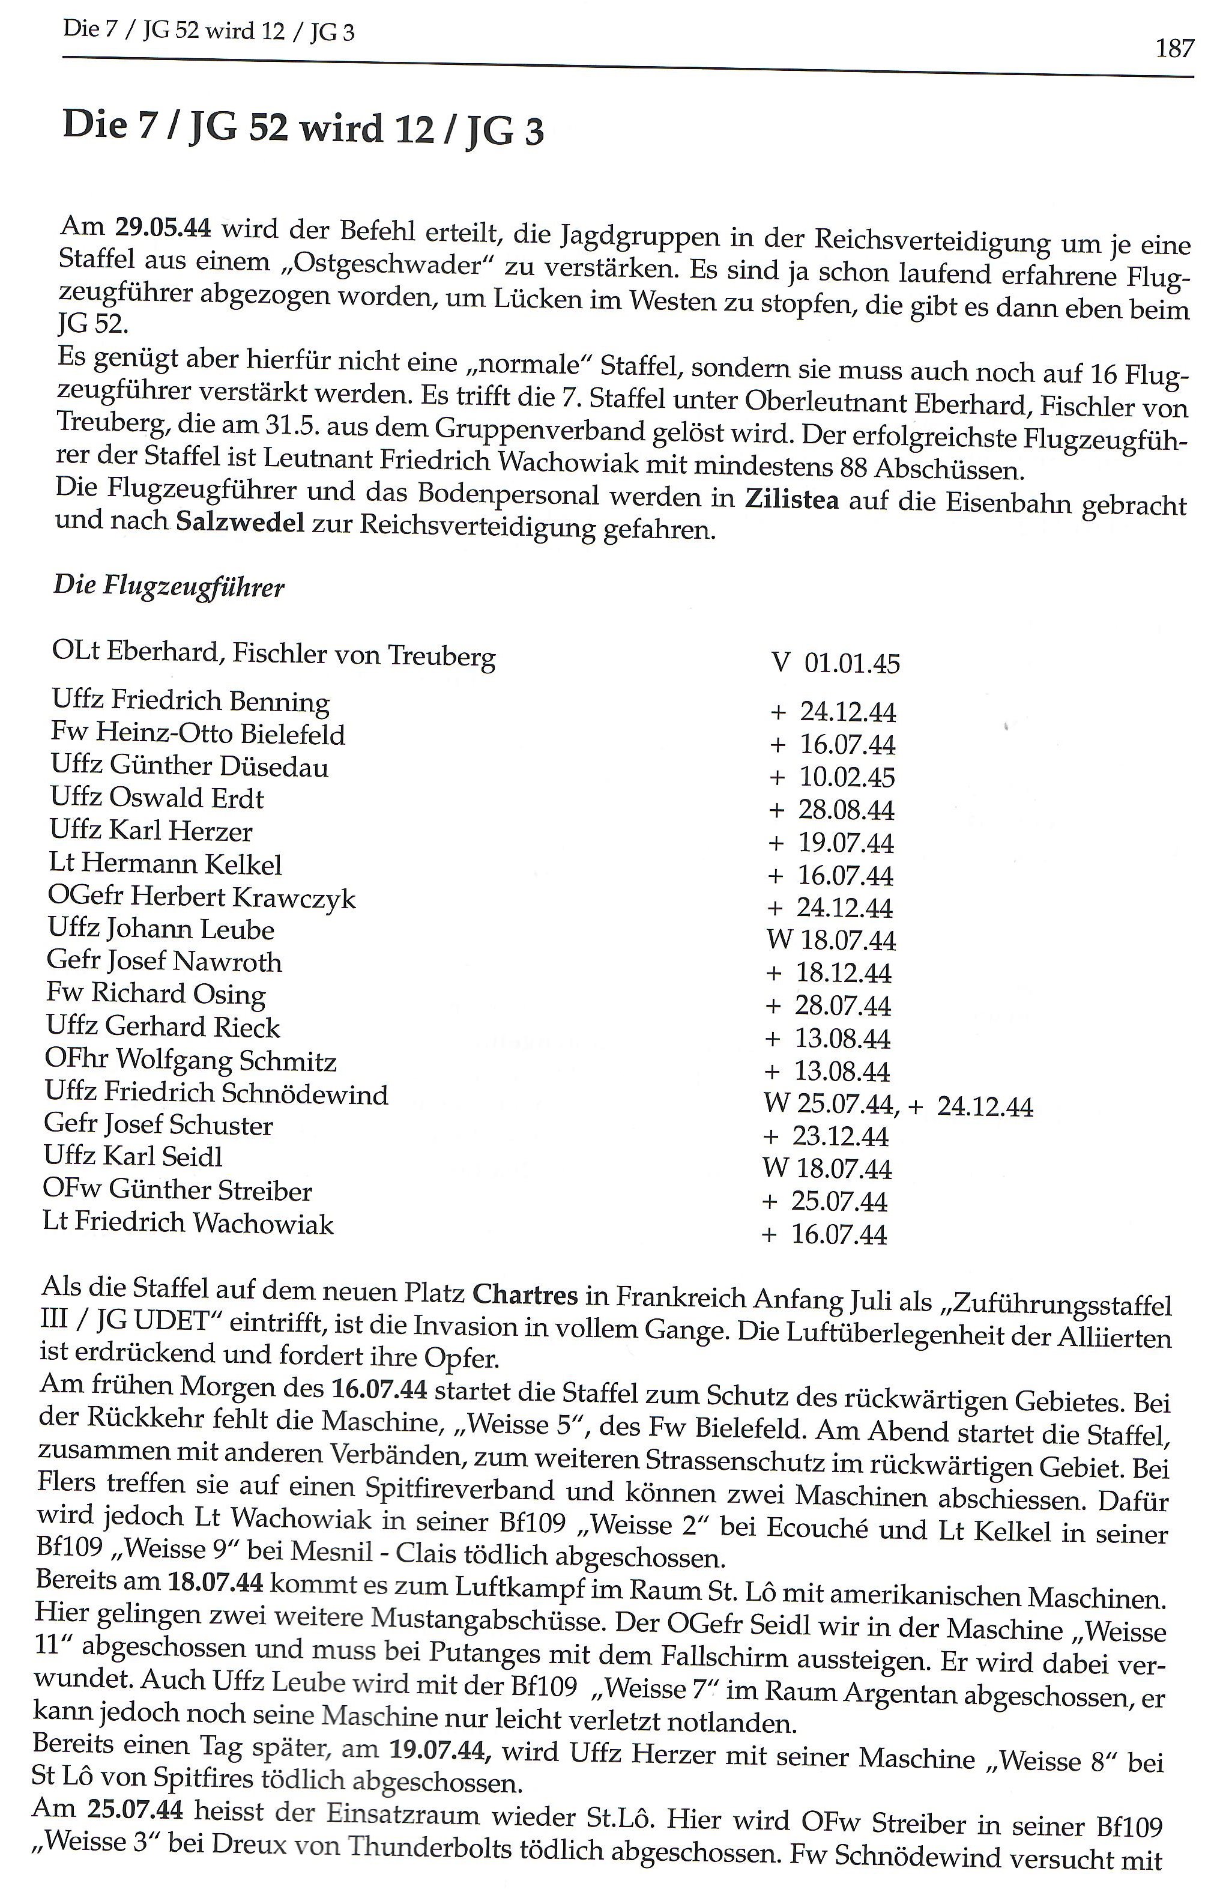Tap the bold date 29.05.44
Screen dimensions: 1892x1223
163,228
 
